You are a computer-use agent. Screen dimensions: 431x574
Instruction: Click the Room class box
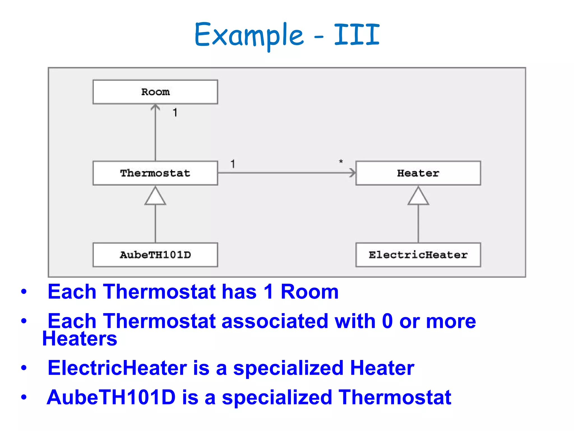[x=155, y=92]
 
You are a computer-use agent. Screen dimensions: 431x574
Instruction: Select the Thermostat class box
[x=155, y=173]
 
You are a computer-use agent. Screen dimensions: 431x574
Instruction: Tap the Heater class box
[x=418, y=173]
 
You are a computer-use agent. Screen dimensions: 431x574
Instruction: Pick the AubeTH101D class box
[x=155, y=255]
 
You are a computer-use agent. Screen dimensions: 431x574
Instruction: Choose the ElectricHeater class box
[x=418, y=255]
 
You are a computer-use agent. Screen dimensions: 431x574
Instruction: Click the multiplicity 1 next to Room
[x=175, y=113]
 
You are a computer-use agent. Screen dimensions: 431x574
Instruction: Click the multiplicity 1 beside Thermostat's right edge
[x=233, y=164]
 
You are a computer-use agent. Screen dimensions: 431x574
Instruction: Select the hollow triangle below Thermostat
[x=155, y=197]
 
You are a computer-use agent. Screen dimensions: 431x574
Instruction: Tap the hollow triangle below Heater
[x=418, y=197]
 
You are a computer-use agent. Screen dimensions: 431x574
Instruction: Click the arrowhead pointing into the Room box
[x=155, y=107]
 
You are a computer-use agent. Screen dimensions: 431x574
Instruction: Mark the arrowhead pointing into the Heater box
[x=352, y=173]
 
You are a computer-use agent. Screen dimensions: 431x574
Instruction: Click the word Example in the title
[x=249, y=35]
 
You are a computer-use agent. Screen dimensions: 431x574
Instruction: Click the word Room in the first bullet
[x=309, y=292]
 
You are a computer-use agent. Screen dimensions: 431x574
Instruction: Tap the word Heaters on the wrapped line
[x=80, y=339]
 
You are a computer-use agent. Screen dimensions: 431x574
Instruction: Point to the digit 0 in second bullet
[x=387, y=321]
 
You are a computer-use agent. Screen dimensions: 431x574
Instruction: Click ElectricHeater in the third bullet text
[x=117, y=368]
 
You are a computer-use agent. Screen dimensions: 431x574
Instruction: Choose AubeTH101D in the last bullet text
[x=111, y=397]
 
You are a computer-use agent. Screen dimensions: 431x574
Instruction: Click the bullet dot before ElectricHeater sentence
[x=24, y=368]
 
